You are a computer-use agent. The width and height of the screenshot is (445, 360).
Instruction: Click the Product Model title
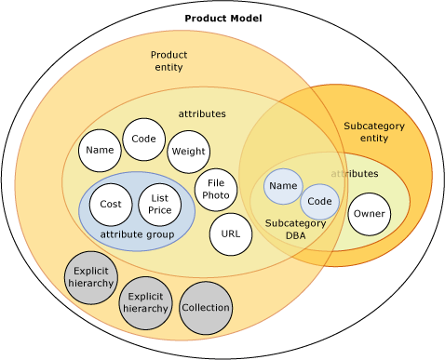pos(222,19)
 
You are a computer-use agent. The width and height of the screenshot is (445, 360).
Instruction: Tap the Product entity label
pos(169,60)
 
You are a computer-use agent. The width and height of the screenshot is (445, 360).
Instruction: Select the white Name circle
pos(100,150)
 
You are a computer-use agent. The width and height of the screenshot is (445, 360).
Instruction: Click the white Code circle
pos(143,140)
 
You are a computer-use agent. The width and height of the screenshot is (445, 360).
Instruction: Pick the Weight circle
pos(188,152)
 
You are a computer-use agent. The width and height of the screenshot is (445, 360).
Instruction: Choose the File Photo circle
pos(215,190)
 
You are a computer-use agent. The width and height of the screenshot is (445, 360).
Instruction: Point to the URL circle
pos(231,234)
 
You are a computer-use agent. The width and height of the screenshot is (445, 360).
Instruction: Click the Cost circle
pos(111,205)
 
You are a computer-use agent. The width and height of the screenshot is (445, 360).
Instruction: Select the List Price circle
pos(159,205)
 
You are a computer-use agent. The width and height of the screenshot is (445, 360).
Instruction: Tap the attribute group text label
pos(137,234)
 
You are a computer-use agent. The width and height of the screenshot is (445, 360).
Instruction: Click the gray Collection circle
pos(205,308)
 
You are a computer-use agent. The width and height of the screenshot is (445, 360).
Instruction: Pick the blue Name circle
pos(283,186)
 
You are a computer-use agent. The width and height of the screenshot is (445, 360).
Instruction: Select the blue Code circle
pos(319,202)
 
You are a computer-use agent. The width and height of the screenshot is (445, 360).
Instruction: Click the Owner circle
pos(369,214)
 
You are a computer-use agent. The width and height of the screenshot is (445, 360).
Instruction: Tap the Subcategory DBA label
pos(295,230)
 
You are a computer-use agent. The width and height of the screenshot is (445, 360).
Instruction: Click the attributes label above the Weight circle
pos(202,113)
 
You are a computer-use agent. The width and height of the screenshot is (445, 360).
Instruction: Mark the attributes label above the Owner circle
pos(355,174)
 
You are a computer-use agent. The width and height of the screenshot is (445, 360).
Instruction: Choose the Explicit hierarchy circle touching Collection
pos(145,302)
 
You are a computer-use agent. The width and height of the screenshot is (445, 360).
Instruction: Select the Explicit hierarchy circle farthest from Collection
pos(91,277)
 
